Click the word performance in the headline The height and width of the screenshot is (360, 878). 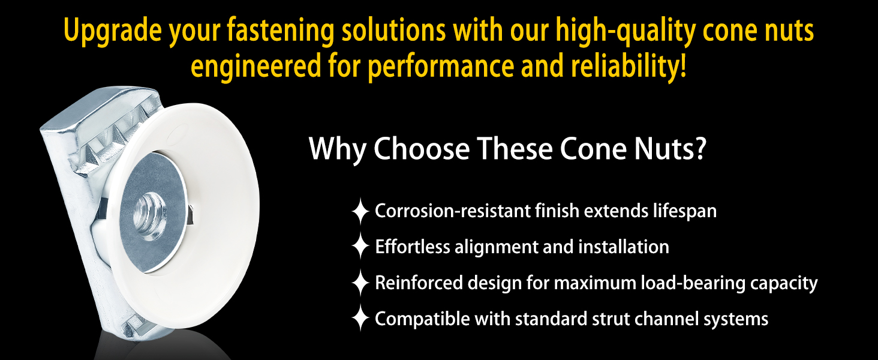[441, 67]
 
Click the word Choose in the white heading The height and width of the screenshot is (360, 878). [422, 149]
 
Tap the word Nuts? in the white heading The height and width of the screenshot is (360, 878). [670, 149]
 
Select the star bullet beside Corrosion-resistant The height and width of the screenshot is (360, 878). [360, 211]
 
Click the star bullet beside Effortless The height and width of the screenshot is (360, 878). [360, 246]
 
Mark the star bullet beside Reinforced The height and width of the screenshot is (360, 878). [360, 283]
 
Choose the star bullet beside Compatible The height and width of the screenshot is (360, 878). [360, 319]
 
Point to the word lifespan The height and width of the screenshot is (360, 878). [685, 212]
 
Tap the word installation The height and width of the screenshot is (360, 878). [624, 247]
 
